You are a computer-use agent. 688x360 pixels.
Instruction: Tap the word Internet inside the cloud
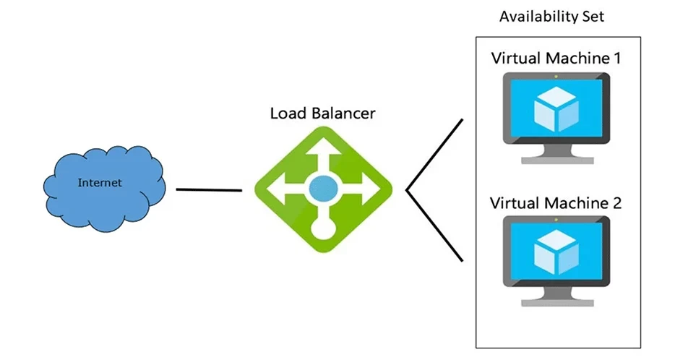[x=100, y=183]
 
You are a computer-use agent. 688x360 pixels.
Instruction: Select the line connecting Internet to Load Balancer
[x=209, y=190]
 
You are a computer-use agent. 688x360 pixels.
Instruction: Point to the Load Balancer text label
[x=323, y=113]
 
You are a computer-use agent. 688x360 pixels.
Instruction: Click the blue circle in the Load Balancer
[x=323, y=190]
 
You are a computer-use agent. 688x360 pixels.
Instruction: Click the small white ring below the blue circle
[x=323, y=231]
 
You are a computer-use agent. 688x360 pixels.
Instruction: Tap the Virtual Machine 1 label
[x=556, y=58]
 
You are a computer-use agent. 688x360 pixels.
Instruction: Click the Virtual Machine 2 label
[x=556, y=203]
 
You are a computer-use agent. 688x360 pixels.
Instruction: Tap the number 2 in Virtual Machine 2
[x=616, y=203]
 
